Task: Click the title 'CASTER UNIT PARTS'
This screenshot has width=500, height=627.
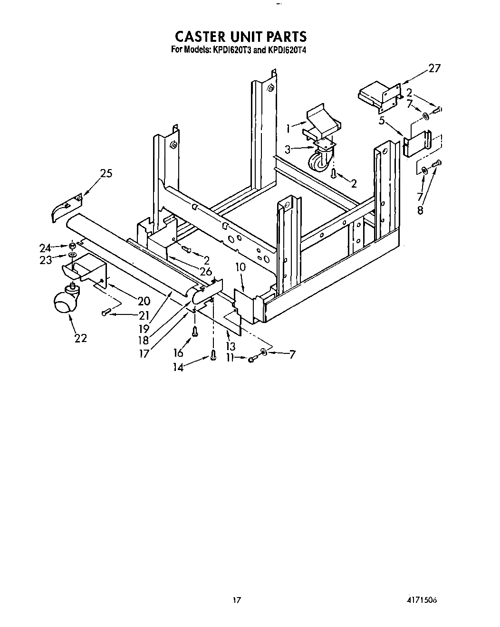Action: [240, 37]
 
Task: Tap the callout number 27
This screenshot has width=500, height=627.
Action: [434, 68]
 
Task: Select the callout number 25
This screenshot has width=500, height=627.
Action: [106, 173]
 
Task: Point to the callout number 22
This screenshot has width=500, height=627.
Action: [80, 338]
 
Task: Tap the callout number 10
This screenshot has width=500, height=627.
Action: [241, 267]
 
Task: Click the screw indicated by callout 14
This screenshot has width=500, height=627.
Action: [213, 354]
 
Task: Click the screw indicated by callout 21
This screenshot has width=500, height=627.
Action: [106, 312]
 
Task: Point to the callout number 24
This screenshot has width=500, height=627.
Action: [45, 247]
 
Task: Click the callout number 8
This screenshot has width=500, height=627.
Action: [420, 209]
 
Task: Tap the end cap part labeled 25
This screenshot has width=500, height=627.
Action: [66, 207]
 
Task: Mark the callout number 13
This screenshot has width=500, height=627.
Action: [231, 346]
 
